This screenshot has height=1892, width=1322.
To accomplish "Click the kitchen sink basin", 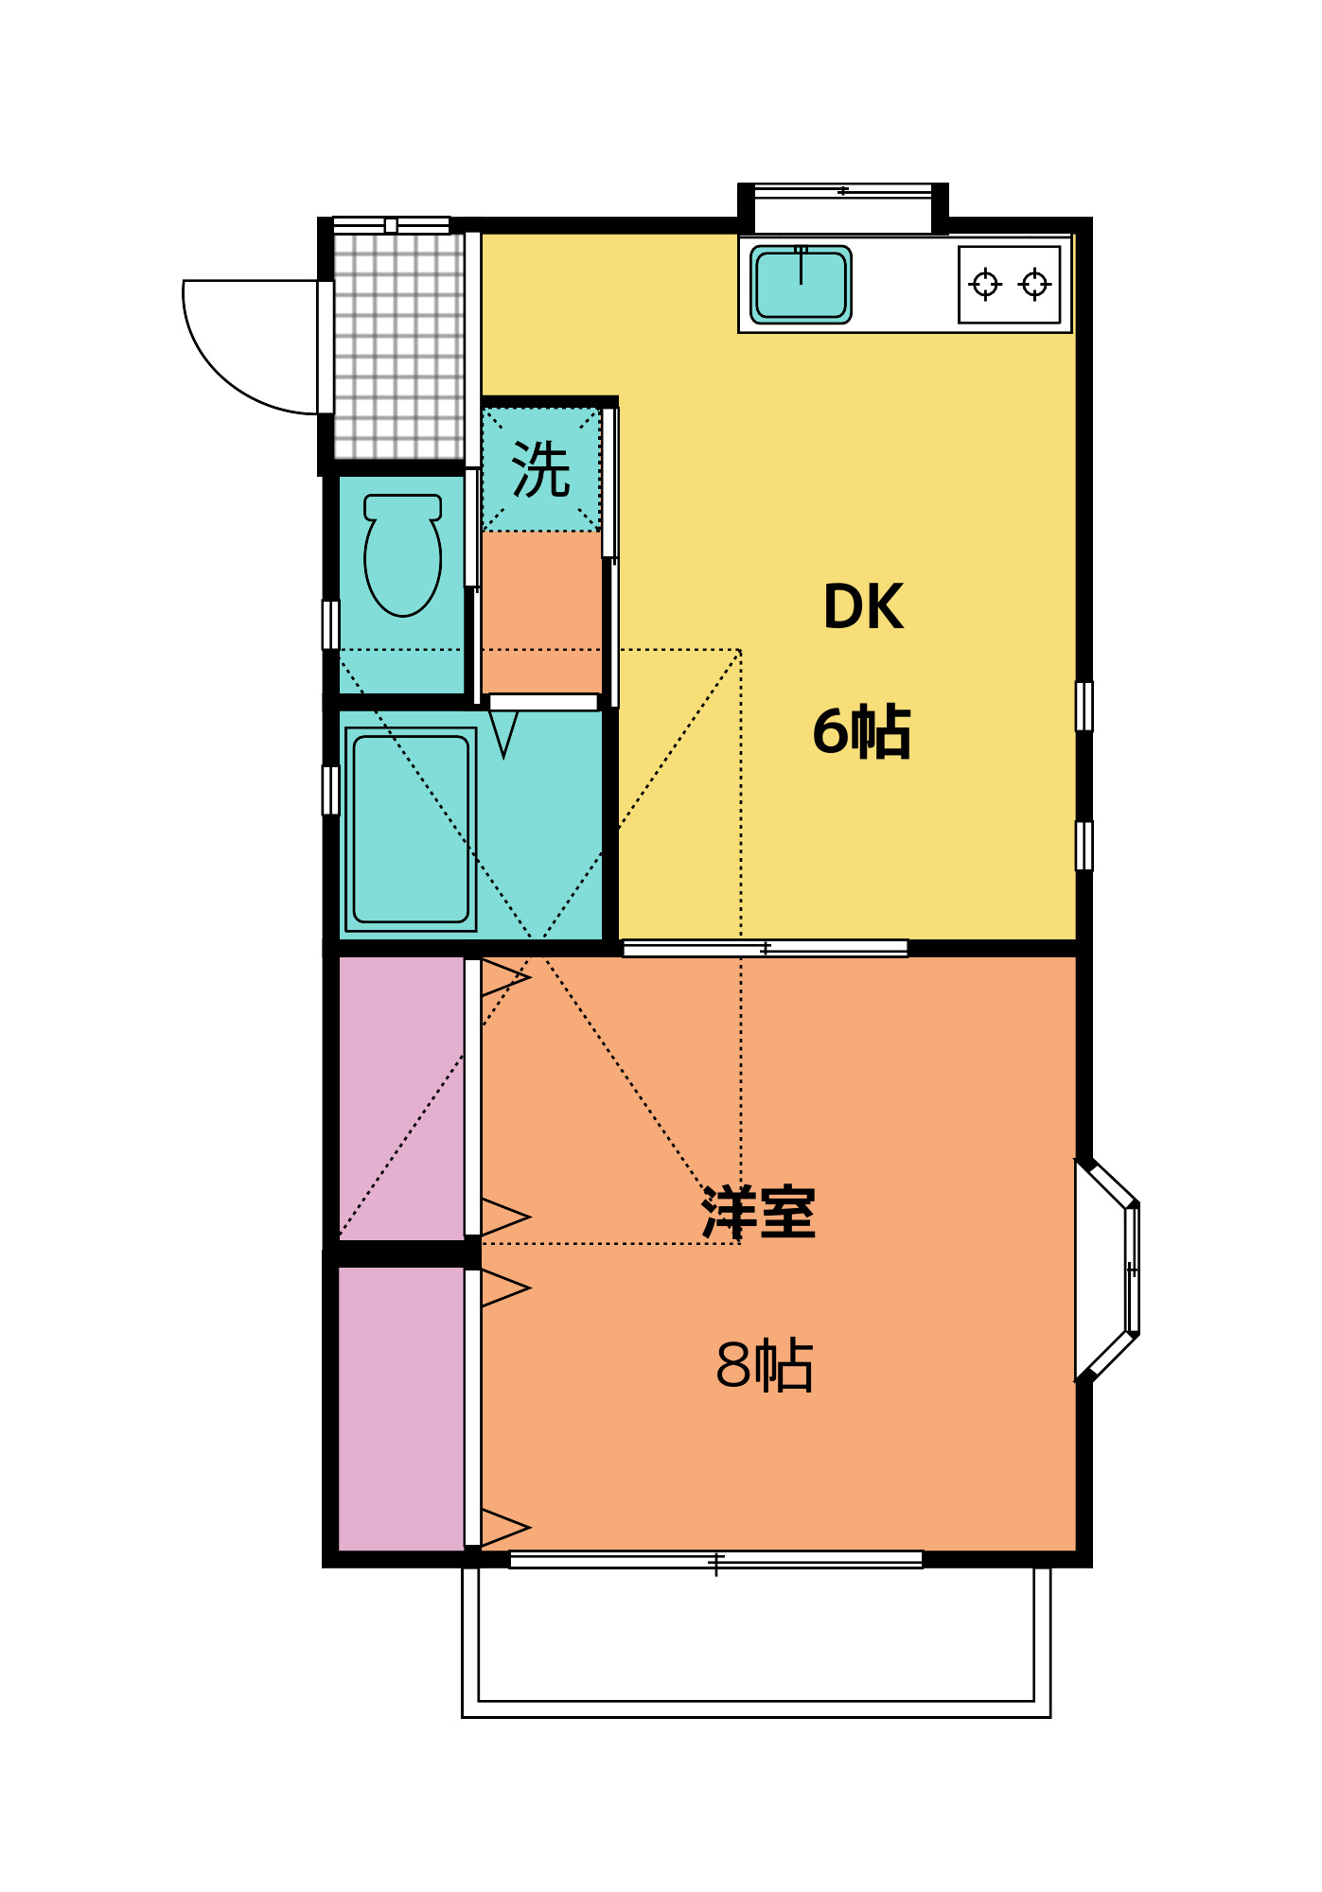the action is click(x=801, y=284).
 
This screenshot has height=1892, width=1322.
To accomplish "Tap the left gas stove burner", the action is click(x=985, y=284).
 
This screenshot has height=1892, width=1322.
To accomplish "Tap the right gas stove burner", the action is click(x=1034, y=284).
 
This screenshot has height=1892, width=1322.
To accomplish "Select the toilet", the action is click(x=402, y=554).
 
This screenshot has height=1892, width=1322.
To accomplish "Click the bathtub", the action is click(x=411, y=829).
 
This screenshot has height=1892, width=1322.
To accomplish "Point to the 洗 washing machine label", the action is click(x=541, y=469).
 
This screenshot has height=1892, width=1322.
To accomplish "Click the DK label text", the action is click(x=863, y=606).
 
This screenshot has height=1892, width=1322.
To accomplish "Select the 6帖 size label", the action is click(x=861, y=731).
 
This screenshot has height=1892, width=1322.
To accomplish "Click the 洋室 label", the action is click(x=758, y=1212).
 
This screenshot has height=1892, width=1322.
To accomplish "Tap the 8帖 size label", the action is click(x=765, y=1365).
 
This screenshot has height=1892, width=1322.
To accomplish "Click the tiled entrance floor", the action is click(x=398, y=346).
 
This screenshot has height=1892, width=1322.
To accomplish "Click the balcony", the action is click(x=756, y=1641).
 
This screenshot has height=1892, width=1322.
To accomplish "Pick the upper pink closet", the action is click(x=401, y=1097).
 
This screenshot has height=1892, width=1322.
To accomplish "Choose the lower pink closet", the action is click(x=401, y=1409).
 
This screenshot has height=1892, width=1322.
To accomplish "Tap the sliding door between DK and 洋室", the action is click(x=765, y=948).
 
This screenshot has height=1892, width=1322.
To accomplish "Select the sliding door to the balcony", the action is click(x=716, y=1560).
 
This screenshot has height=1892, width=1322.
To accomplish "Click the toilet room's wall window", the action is click(x=330, y=624).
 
